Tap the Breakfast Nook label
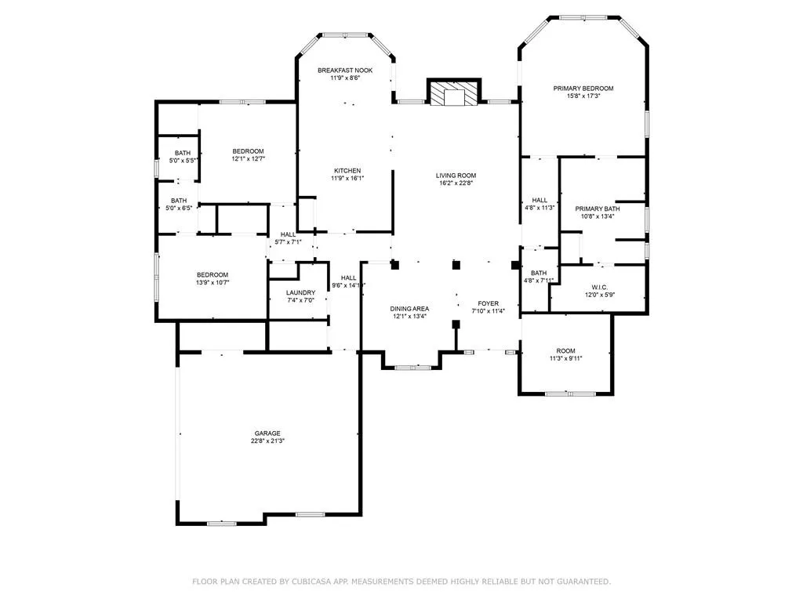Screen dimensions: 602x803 [x=345, y=71]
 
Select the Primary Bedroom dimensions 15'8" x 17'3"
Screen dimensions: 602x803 [x=583, y=96]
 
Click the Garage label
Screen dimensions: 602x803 [x=267, y=433]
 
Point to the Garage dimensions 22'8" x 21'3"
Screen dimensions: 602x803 [x=267, y=441]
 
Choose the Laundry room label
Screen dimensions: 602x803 [x=300, y=292]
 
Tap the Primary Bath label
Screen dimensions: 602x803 [x=598, y=209]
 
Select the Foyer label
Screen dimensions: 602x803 [x=489, y=303]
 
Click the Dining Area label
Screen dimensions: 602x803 [x=409, y=309]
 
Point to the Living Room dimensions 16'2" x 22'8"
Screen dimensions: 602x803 [x=456, y=183]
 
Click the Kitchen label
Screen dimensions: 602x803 [x=347, y=171]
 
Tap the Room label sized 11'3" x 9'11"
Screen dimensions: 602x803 [x=566, y=350]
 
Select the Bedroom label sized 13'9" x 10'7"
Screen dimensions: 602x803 [x=213, y=274]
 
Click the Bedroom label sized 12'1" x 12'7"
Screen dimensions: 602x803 [x=248, y=151]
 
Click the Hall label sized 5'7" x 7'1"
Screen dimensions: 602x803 [x=289, y=234]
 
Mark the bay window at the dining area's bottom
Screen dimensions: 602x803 [x=411, y=366]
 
